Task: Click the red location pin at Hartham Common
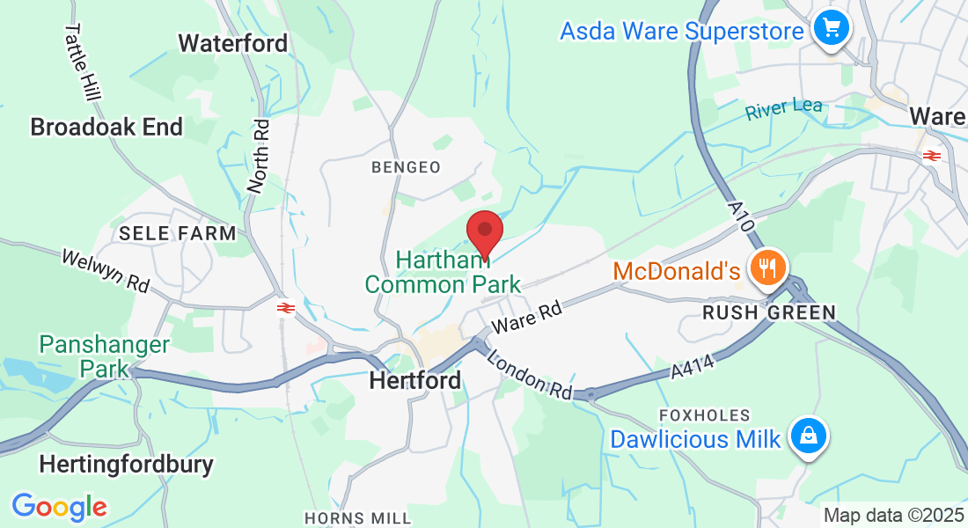[484, 231]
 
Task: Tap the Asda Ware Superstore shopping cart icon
[831, 29]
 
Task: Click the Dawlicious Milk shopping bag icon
[806, 436]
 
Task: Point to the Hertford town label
[415, 381]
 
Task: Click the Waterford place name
[233, 43]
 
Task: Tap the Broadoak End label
[106, 127]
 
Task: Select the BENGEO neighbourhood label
[406, 167]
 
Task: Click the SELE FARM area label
[178, 233]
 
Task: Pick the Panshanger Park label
[104, 356]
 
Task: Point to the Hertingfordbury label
[127, 464]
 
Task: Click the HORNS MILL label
[357, 518]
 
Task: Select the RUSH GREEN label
[768, 312]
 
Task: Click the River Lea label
[784, 110]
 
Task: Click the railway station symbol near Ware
[932, 156]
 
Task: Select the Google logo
[59, 507]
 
